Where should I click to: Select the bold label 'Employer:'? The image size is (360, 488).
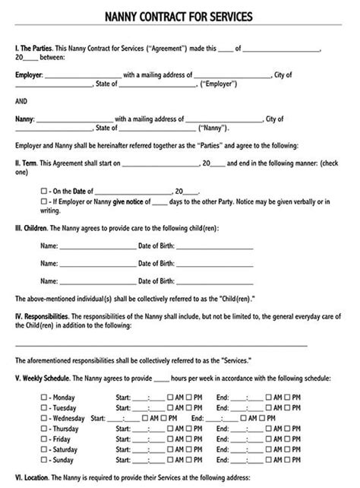(x=29, y=75)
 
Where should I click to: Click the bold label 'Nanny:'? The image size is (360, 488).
(x=25, y=119)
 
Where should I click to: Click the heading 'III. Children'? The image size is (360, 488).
(x=35, y=227)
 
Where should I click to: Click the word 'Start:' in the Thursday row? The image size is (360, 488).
(x=123, y=429)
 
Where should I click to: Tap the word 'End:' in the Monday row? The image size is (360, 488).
(x=223, y=398)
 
